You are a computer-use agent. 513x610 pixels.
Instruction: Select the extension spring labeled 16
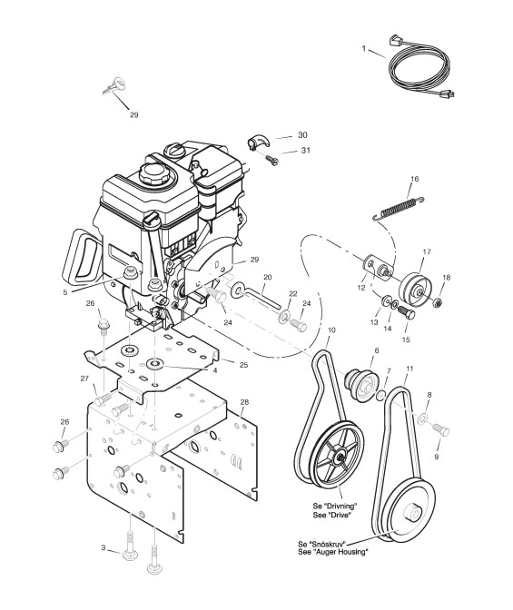399,210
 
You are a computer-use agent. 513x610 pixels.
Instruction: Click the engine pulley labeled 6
361,380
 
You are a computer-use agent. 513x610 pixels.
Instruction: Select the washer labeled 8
422,419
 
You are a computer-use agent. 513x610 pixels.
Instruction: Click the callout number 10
331,330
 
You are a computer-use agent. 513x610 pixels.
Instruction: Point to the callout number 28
244,402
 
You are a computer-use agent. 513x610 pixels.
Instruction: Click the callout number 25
243,365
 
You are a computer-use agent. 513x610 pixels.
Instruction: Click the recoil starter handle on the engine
83,257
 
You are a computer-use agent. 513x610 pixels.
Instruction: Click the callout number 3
104,547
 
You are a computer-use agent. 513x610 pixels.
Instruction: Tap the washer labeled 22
283,316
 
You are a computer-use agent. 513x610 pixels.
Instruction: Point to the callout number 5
64,292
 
